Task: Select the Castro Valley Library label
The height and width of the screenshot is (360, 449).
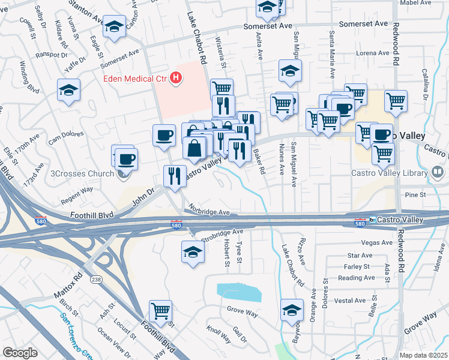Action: (x=388, y=173)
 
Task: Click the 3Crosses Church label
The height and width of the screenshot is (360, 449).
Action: (x=86, y=174)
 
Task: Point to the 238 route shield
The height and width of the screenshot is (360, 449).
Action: (x=96, y=280)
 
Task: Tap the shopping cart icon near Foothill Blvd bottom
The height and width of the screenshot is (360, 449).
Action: (x=160, y=311)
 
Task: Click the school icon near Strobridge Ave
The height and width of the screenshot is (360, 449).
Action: (x=193, y=251)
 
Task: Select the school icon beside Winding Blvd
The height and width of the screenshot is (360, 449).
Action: (x=69, y=91)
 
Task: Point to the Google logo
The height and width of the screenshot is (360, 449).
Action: (x=20, y=353)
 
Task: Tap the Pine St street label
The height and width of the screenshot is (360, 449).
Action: (x=415, y=195)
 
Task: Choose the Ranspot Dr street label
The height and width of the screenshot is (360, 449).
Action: (x=51, y=55)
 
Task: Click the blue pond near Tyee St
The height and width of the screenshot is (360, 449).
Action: (x=240, y=292)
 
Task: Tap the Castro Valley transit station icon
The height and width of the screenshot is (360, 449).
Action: (x=373, y=220)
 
